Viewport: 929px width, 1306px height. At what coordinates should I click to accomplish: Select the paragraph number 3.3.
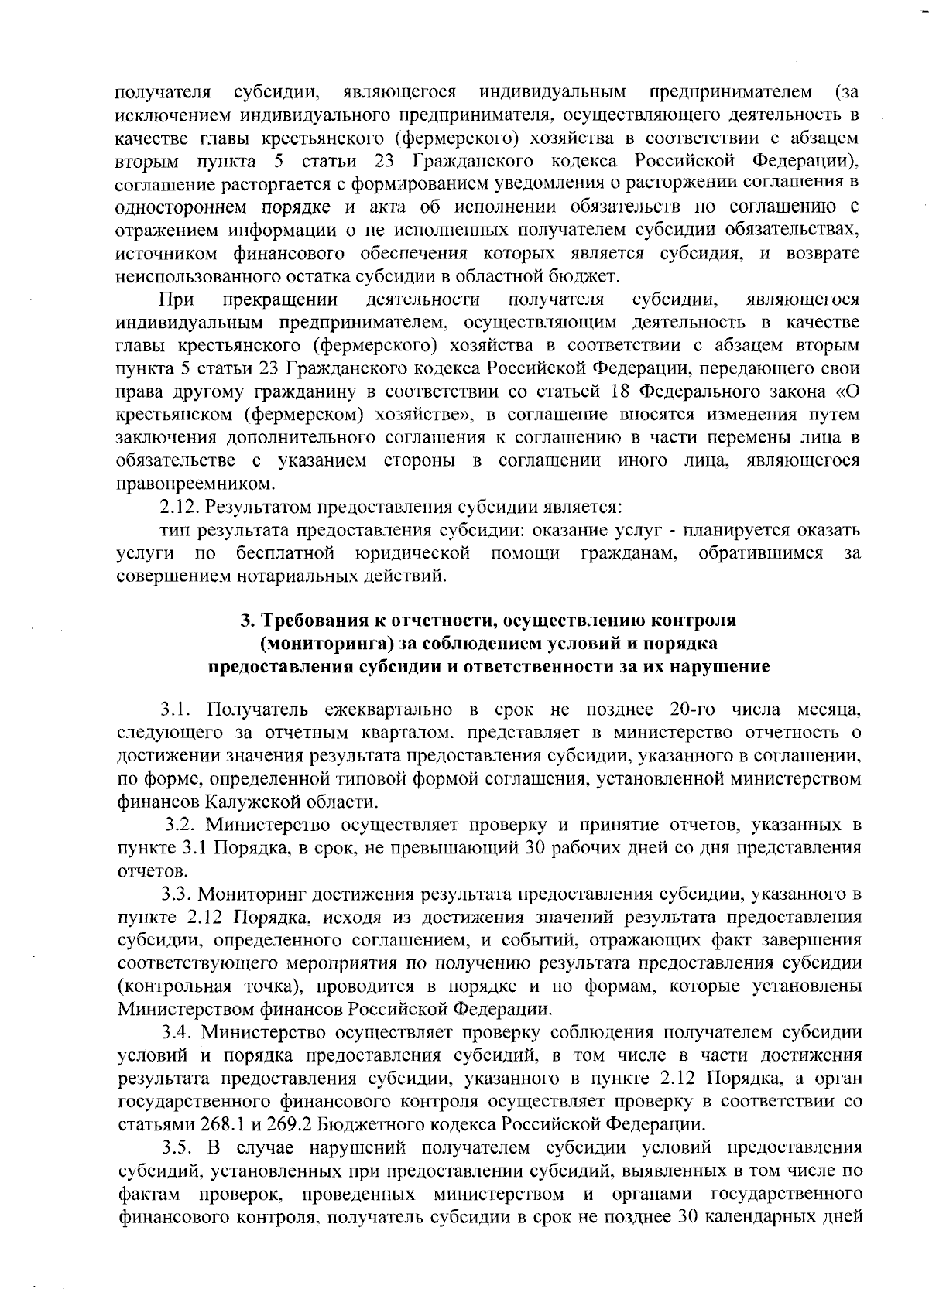pos(177,895)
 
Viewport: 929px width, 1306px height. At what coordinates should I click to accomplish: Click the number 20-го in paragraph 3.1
pos(679,709)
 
